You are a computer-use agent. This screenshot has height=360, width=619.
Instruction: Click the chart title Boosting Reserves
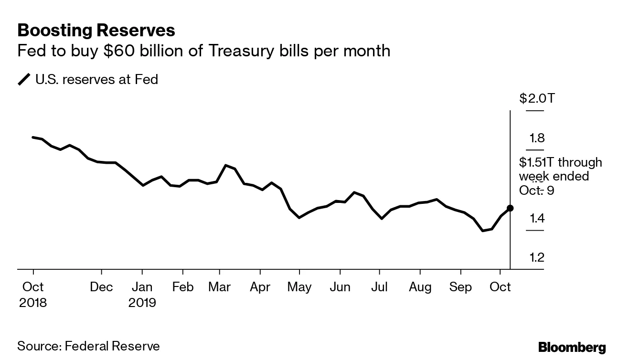[96, 31]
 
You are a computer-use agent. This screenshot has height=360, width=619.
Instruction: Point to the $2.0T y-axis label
[537, 99]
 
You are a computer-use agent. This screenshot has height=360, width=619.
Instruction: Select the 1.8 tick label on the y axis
[536, 138]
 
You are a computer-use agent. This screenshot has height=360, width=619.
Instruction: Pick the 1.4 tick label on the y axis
[536, 219]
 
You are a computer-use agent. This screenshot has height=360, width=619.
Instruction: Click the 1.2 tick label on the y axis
[536, 258]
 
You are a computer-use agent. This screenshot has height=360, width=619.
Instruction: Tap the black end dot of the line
[510, 208]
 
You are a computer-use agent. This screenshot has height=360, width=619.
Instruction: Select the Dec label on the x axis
[102, 287]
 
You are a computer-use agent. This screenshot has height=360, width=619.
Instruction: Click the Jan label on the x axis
[142, 287]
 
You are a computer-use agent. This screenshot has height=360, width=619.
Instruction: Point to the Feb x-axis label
[182, 287]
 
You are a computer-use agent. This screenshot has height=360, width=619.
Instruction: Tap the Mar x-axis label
[220, 287]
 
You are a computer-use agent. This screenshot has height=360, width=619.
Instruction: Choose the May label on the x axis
[299, 287]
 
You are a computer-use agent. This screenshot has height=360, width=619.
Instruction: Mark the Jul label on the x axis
[379, 287]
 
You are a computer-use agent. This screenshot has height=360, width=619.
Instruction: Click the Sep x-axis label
[460, 287]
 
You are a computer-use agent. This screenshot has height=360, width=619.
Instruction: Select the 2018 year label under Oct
[33, 303]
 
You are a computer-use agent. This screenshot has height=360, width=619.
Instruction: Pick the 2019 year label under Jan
[142, 303]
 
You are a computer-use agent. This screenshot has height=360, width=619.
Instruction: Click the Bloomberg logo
[572, 347]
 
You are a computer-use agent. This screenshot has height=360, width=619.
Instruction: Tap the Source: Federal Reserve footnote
[88, 346]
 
